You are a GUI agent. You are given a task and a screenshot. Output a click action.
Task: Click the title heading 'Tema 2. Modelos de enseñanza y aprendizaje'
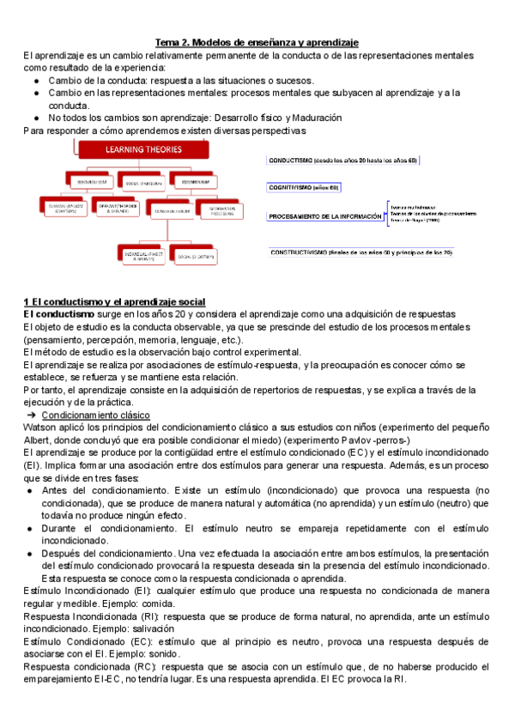pos(257,42)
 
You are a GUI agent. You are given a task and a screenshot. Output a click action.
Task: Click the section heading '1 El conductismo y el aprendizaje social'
pos(114,302)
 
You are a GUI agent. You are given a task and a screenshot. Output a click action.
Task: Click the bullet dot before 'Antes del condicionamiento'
pos(30,490)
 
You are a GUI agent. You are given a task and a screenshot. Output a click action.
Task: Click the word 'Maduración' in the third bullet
pos(311,117)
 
